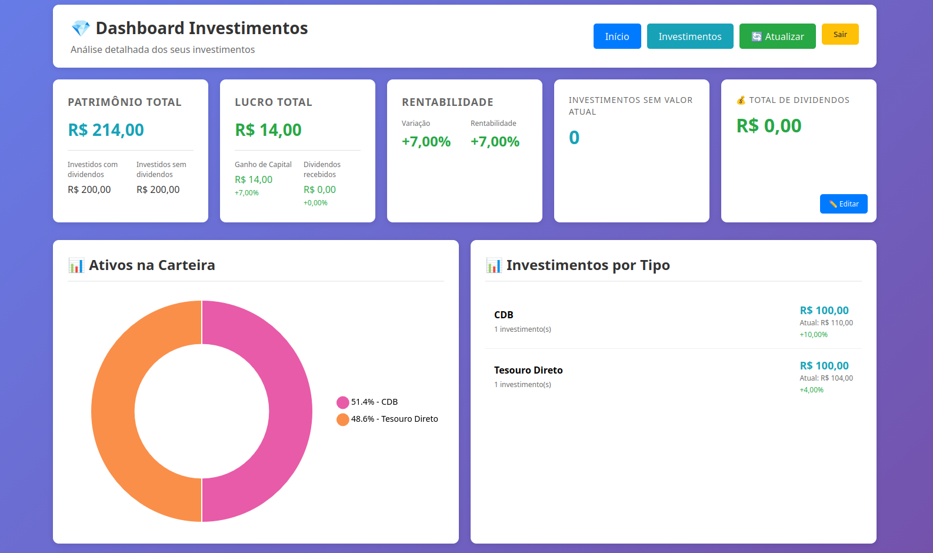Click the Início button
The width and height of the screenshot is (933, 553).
pyautogui.click(x=617, y=36)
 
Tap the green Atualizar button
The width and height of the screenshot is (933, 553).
pyautogui.click(x=777, y=36)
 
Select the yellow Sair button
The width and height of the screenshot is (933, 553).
pyautogui.click(x=840, y=34)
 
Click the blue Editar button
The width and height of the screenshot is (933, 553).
pyautogui.click(x=844, y=204)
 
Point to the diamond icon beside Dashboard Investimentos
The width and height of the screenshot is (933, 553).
pyautogui.click(x=81, y=28)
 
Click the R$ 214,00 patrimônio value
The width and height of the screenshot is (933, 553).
pyautogui.click(x=106, y=130)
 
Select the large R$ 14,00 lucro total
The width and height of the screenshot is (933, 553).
pyautogui.click(x=268, y=130)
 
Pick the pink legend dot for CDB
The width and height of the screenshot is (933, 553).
pyautogui.click(x=343, y=402)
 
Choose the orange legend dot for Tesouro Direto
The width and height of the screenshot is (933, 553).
pyautogui.click(x=343, y=419)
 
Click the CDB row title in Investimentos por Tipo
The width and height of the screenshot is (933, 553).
pyautogui.click(x=504, y=315)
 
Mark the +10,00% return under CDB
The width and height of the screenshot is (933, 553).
pyautogui.click(x=814, y=335)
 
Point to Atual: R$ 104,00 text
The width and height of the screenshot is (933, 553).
pyautogui.click(x=826, y=378)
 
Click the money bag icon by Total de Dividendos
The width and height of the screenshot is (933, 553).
pyautogui.click(x=741, y=101)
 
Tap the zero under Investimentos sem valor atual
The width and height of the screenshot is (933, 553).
pyautogui.click(x=574, y=138)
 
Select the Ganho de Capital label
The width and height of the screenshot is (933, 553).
pyautogui.click(x=263, y=165)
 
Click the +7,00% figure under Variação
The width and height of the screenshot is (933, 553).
pyautogui.click(x=426, y=142)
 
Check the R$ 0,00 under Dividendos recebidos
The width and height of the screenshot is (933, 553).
pyautogui.click(x=319, y=190)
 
